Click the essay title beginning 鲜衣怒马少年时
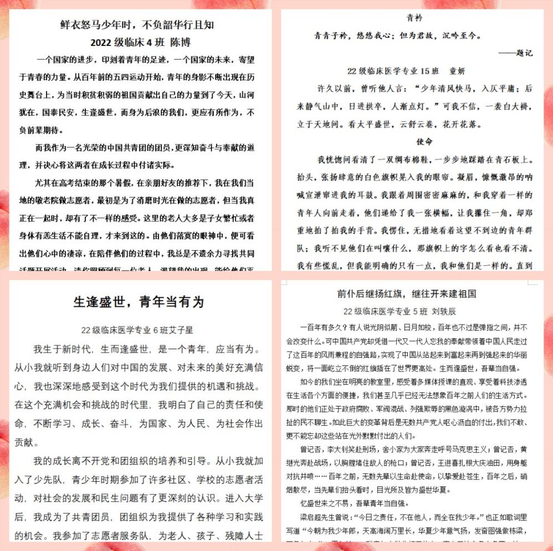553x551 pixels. point(137,25)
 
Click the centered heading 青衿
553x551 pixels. point(414,17)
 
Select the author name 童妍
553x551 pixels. point(457,71)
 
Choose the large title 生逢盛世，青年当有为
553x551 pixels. point(139,302)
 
